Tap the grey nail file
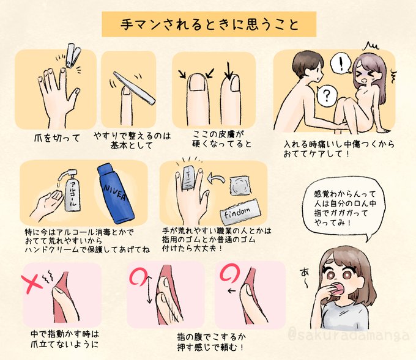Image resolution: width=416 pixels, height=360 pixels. [134, 87]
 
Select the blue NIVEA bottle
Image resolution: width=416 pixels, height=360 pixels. [116, 194]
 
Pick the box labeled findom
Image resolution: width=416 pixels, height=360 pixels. [240, 210]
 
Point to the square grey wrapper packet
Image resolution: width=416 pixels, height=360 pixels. [240, 185]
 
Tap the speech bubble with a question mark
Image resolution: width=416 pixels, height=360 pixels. [327, 95]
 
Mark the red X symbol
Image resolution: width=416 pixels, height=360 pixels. [31, 284]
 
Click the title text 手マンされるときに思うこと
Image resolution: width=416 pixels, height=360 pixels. [209, 24]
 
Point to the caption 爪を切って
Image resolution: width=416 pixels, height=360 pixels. [57, 138]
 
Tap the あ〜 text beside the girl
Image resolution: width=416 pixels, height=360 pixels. [305, 277]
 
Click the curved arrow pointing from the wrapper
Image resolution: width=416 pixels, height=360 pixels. [216, 178]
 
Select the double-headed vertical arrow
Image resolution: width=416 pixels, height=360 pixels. [149, 288]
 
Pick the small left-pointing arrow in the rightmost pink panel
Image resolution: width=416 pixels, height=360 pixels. [232, 291]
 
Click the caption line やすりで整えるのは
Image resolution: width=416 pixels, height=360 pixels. [132, 136]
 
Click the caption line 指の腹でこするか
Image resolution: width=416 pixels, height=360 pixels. [212, 337]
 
